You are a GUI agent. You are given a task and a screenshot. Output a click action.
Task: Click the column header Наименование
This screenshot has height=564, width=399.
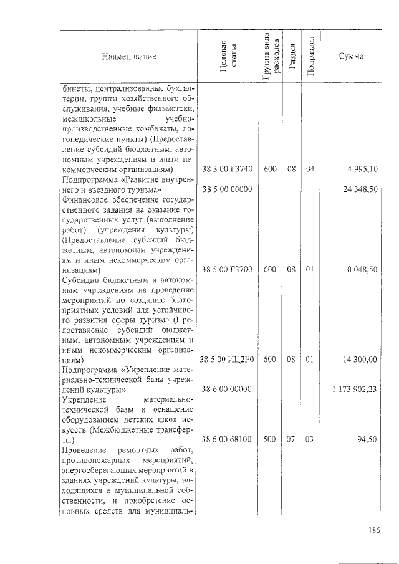[x=129, y=57]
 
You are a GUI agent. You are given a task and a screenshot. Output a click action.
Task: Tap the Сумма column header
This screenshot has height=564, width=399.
[x=351, y=57]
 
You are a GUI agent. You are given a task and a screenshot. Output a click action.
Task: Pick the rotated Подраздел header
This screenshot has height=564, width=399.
[x=311, y=57]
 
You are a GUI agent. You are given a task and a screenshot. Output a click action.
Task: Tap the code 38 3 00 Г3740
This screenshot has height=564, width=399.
[x=227, y=169]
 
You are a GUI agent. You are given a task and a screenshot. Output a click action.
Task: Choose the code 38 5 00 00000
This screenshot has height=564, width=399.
[x=227, y=189]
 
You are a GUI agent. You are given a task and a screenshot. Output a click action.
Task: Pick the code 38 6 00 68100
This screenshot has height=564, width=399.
[x=227, y=439]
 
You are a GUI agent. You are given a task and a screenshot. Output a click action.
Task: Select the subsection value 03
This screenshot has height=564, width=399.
[x=311, y=439]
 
